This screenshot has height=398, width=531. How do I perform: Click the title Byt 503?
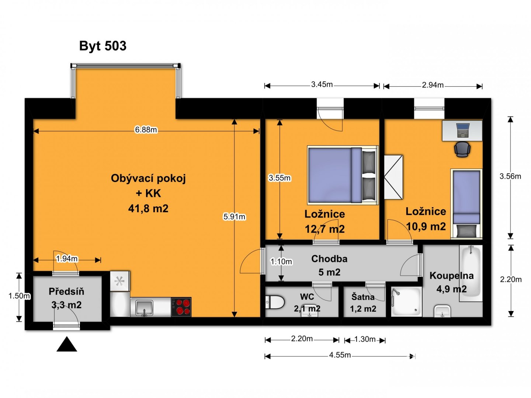point(103,46)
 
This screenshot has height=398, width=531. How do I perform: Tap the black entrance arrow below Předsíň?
point(67,344)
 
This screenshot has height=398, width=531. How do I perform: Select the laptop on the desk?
point(462,130)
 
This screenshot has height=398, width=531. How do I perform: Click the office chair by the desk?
point(462,149)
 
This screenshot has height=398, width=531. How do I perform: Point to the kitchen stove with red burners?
point(181,307)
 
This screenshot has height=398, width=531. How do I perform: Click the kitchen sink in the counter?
point(144,308)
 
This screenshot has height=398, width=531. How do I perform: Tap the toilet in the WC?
point(275,302)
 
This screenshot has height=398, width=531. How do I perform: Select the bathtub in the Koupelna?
point(471,273)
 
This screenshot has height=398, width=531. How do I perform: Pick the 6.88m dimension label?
point(146,130)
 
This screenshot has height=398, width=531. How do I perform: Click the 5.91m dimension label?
point(234,217)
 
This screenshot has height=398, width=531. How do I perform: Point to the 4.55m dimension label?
point(340,355)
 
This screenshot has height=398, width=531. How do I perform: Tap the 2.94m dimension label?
point(433,85)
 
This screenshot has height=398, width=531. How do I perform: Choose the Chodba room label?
point(329,259)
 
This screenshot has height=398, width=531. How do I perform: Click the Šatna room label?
point(363,297)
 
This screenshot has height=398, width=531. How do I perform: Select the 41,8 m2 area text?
point(148,208)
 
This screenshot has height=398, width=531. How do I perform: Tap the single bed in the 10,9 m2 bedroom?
point(466,204)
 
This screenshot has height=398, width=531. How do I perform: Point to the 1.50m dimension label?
point(19,296)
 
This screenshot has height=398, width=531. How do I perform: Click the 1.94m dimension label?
point(67,259)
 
